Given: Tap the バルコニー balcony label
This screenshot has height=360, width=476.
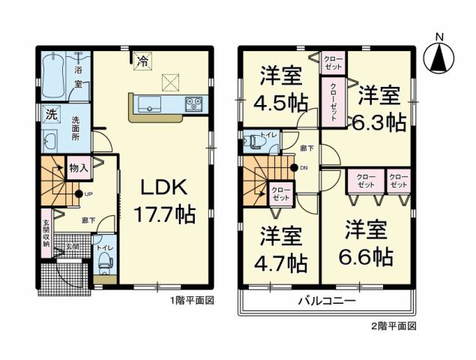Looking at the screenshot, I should pyautogui.click(x=324, y=302).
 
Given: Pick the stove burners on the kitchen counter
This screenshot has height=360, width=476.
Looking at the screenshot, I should pyautogui.click(x=192, y=104).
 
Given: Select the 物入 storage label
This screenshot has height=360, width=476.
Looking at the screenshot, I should pyautogui.click(x=78, y=167).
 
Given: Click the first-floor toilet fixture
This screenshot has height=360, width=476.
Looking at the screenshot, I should pyautogui.click(x=104, y=262).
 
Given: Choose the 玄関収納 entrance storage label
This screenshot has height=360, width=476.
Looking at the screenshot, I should pyautogui.click(x=46, y=233).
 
